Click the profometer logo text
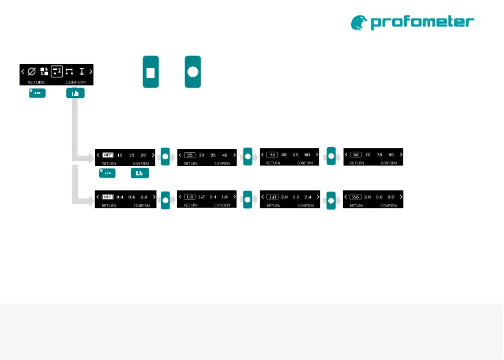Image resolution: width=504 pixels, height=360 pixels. pos(422,22)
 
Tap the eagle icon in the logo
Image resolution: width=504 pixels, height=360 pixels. pos(359,22)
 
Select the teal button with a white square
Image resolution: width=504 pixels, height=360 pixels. pos(151,72)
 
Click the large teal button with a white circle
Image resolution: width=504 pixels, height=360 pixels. pos(193,72)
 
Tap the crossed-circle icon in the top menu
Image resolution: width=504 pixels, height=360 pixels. pos(32,72)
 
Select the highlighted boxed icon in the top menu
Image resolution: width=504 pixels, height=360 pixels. pos(57,72)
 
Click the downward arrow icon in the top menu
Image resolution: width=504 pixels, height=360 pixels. pos(81,72)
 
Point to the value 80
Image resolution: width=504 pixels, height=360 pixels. pos(392,155)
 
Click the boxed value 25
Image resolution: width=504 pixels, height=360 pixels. pos(190,155)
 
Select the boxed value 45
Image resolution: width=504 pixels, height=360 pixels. pos(273,155)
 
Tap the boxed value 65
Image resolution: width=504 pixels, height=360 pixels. pos(356,155)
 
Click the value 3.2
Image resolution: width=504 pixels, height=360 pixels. pos(391,197)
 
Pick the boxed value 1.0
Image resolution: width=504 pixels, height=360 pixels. pos(190,197)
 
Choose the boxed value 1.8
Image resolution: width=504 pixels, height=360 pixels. pos(273,197)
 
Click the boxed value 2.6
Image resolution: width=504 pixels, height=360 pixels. pos(356,197)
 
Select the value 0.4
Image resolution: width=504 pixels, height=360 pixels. pos(120,197)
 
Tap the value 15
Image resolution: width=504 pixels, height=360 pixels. pos(131,155)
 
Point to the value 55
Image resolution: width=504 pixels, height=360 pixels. pos(296,155)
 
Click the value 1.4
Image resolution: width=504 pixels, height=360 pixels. pos(213,197)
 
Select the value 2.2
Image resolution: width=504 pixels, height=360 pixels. pos(296,197)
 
